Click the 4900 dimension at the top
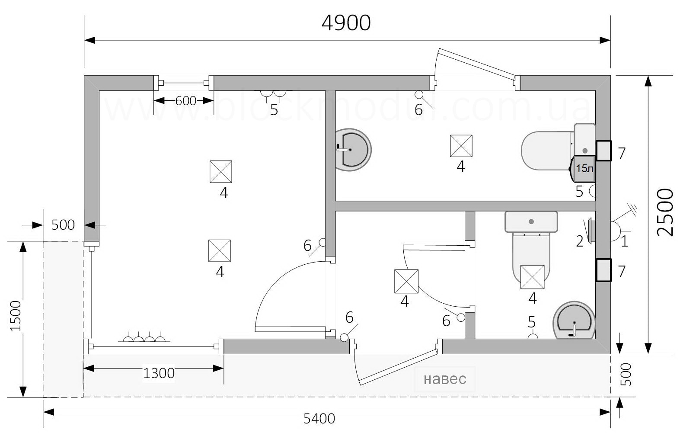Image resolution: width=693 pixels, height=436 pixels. pyautogui.click(x=346, y=23)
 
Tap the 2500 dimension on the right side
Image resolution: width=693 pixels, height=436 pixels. pyautogui.click(x=665, y=212)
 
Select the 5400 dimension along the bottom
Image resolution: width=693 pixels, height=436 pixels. pyautogui.click(x=319, y=419)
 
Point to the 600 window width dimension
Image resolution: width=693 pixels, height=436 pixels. pyautogui.click(x=185, y=101)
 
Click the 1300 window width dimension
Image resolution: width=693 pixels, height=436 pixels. pyautogui.click(x=159, y=373)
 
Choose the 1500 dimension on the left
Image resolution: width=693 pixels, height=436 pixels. pyautogui.click(x=16, y=316)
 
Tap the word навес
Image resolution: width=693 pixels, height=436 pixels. pyautogui.click(x=445, y=379)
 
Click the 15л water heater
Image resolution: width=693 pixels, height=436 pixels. pyautogui.click(x=583, y=169)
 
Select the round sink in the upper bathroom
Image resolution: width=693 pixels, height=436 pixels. pyautogui.click(x=353, y=150)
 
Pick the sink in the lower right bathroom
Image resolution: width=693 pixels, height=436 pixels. pyautogui.click(x=574, y=321)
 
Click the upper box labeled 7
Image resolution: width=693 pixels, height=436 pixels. pyautogui.click(x=604, y=151)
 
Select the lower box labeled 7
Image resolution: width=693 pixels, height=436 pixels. pyautogui.click(x=604, y=270)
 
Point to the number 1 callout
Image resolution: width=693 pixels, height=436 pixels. pyautogui.click(x=624, y=241)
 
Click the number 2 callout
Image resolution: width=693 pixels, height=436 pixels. pyautogui.click(x=580, y=241)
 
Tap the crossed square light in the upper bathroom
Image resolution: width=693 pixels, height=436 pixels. pyautogui.click(x=461, y=146)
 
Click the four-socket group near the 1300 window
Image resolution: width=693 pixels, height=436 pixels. pyautogui.click(x=144, y=337)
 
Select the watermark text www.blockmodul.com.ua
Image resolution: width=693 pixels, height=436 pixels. pyautogui.click(x=347, y=107)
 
